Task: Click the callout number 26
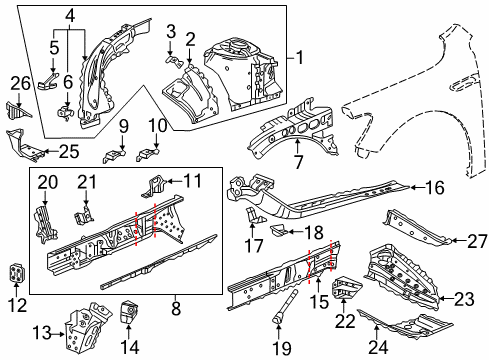[21, 83]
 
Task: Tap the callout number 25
[68, 151]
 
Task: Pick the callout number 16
[434, 187]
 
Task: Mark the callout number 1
[296, 58]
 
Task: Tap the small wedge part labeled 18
[284, 234]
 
